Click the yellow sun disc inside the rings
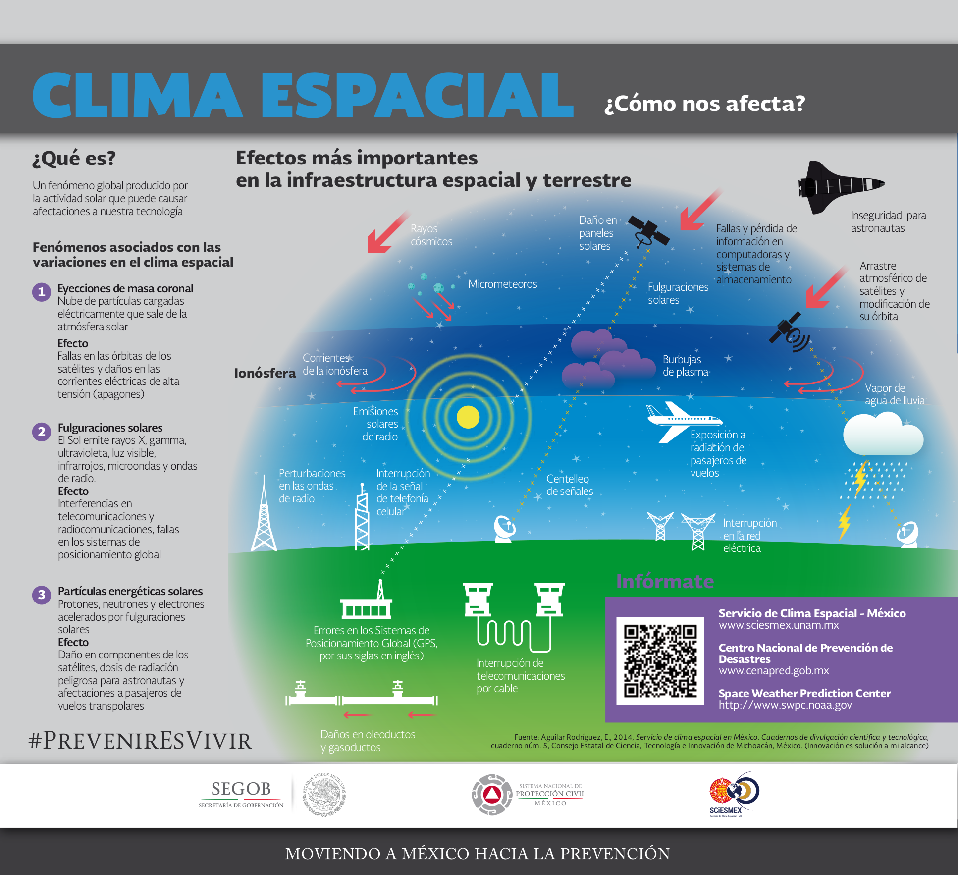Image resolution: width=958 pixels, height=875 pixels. pos(468,417)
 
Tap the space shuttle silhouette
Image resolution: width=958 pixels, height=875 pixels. pos(841,186)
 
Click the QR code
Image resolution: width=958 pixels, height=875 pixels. pos(660,660)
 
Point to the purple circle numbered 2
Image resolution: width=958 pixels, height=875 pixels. pos(42,432)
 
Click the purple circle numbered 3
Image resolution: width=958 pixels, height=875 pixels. pos(42,595)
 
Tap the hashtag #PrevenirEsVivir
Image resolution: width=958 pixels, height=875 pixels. pos(140,741)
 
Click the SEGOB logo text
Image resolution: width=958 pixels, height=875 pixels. pos(241,789)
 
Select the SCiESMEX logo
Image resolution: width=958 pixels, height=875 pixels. pos(734,794)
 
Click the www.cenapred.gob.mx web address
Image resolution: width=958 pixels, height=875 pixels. pos(774,670)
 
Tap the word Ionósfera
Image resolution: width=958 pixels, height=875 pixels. pos(265,373)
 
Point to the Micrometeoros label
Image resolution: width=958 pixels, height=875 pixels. pos(503,284)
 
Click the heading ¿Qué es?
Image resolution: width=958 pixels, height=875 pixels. pos(74,159)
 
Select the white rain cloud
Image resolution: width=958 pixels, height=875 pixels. pos(883,434)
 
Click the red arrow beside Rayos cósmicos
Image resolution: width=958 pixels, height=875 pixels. pos(388,232)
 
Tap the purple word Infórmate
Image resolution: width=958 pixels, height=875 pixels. pos(665,581)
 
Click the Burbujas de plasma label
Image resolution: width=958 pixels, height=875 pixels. pos(686,366)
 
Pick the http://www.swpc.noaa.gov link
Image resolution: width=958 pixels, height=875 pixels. pos(785,705)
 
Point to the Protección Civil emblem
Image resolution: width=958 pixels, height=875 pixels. pos(491,794)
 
